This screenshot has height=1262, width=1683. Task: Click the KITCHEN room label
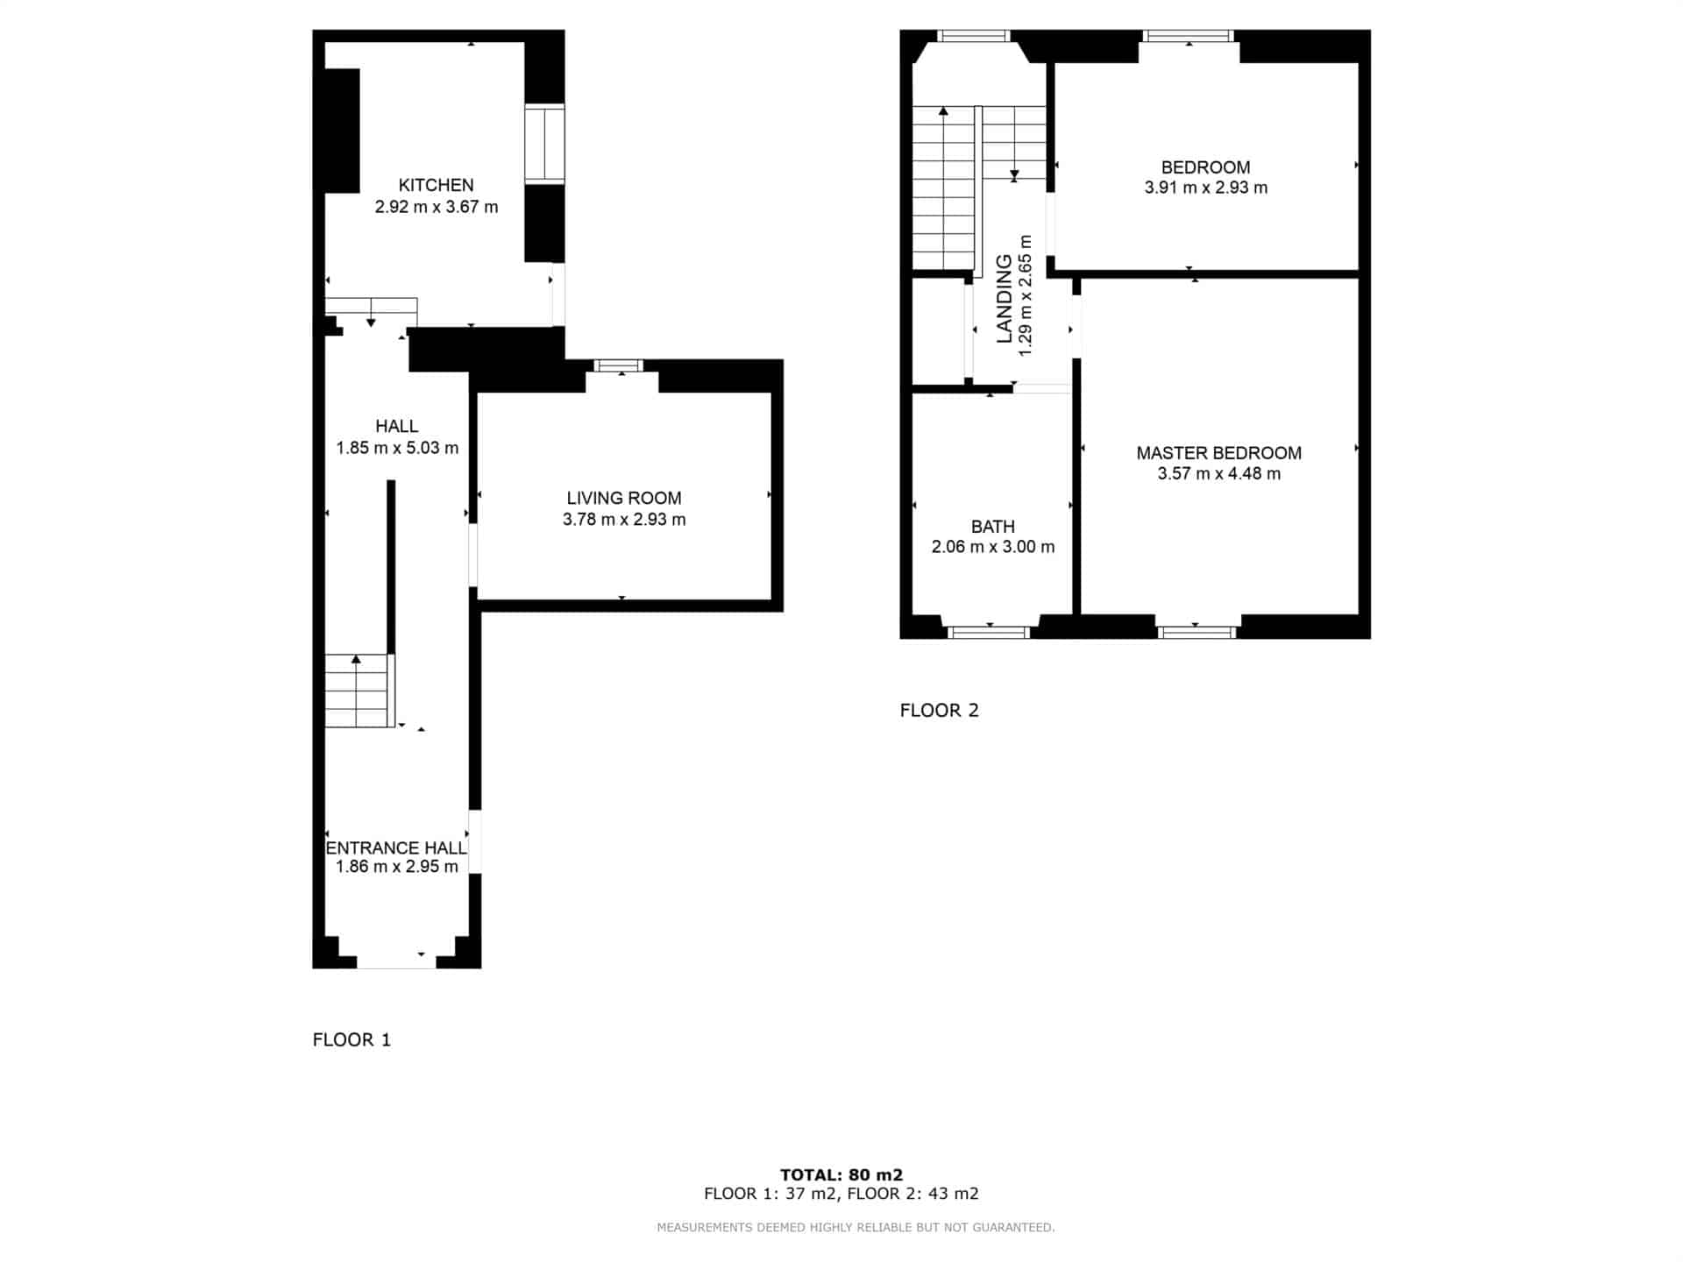(436, 185)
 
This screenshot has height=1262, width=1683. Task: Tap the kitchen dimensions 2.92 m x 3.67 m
(437, 207)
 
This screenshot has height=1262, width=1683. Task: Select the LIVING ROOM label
(624, 498)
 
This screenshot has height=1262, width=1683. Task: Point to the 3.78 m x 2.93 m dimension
(624, 519)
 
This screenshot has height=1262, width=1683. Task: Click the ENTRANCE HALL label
(396, 847)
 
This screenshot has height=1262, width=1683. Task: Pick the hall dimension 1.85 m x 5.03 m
(397, 448)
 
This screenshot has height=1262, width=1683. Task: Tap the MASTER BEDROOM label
(1218, 453)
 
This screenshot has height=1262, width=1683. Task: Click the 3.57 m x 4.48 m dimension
(1218, 474)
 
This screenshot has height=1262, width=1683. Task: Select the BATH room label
(993, 527)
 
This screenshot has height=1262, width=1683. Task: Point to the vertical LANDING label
(1005, 298)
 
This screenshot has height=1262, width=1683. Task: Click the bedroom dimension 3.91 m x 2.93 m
(1206, 188)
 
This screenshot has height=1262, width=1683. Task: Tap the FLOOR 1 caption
(352, 1039)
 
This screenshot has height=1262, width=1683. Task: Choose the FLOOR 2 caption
(939, 710)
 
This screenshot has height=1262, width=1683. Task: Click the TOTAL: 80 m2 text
(841, 1174)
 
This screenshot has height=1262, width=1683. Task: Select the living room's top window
(619, 365)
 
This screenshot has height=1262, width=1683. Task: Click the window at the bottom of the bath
(989, 632)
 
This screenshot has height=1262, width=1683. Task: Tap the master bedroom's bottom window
(1197, 632)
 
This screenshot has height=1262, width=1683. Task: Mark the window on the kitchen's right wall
(544, 144)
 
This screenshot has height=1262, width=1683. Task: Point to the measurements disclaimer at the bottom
(856, 1227)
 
